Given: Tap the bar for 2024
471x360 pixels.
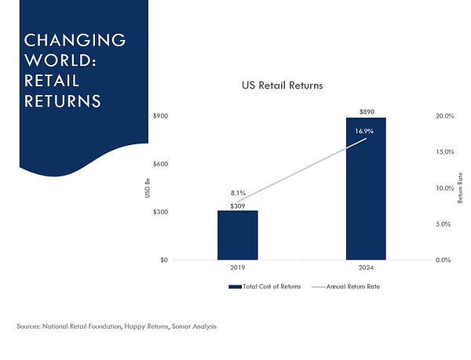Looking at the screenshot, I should click(x=366, y=188).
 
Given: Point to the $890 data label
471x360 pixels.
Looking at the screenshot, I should click(x=366, y=111).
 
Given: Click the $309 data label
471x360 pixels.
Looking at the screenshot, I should click(x=238, y=205).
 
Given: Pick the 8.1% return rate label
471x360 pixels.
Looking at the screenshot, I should click(x=238, y=192).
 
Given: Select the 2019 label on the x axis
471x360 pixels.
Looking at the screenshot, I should click(x=238, y=268).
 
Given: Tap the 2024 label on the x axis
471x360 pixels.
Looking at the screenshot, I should click(x=366, y=268).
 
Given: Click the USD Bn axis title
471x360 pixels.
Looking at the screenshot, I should click(x=148, y=188).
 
